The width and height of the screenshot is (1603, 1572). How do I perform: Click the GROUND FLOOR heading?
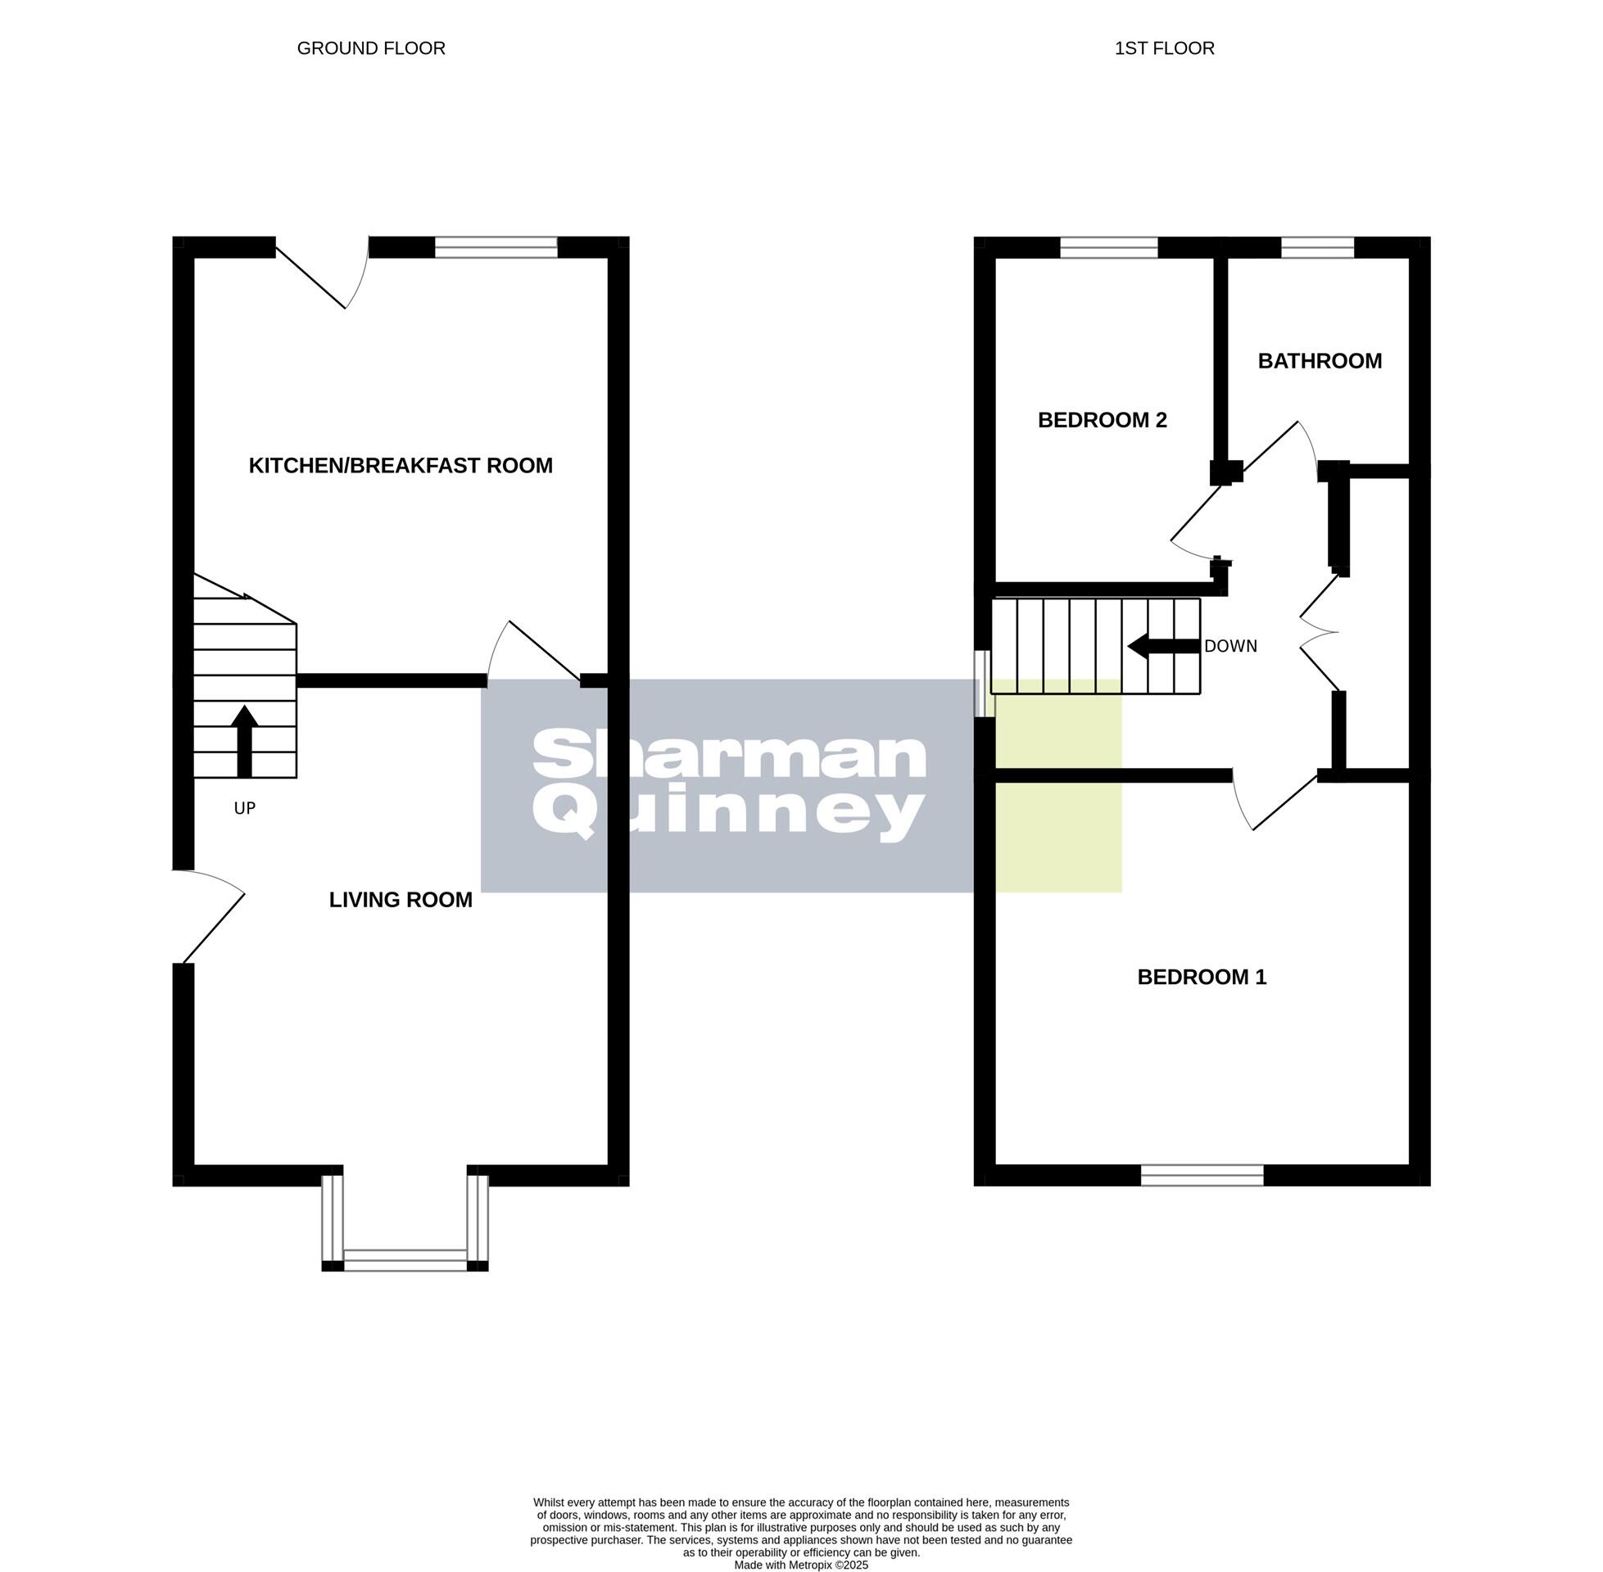click(x=371, y=48)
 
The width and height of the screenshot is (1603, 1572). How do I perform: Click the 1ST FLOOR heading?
click(x=1165, y=48)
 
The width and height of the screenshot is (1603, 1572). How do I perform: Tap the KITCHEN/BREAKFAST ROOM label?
click(x=401, y=466)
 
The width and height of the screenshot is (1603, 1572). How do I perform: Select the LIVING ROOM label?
click(x=401, y=900)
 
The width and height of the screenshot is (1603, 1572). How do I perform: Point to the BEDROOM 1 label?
click(x=1202, y=978)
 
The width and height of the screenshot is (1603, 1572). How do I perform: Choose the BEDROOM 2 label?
click(x=1102, y=420)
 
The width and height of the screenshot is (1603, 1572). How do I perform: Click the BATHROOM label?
click(x=1319, y=361)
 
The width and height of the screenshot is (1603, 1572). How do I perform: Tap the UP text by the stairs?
click(x=244, y=808)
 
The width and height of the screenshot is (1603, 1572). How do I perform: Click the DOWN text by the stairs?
click(x=1230, y=647)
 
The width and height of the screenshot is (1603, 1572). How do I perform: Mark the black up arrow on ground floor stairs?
click(x=243, y=740)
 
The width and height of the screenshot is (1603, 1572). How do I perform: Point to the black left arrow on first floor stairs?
click(x=1163, y=647)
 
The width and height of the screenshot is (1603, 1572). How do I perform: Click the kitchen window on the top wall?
click(x=496, y=247)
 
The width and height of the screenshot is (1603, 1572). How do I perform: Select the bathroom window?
click(x=1317, y=247)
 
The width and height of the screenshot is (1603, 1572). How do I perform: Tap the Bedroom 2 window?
click(x=1108, y=247)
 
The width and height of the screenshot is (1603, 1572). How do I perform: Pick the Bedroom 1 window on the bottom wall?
click(x=1202, y=1175)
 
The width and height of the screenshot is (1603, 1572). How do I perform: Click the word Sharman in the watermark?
click(x=728, y=756)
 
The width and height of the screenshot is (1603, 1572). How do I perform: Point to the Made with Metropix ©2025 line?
click(x=801, y=1565)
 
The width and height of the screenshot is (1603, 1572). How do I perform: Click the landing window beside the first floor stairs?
click(x=984, y=684)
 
